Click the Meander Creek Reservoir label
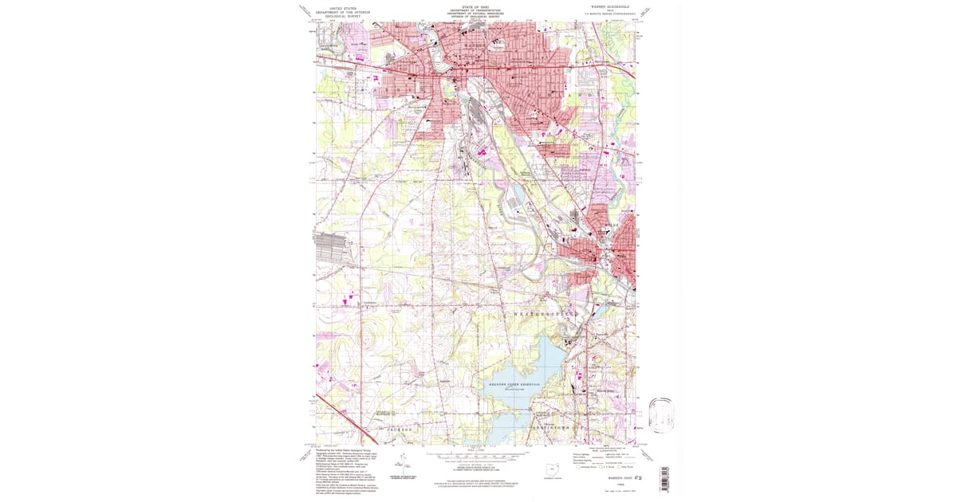tap(514, 385)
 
